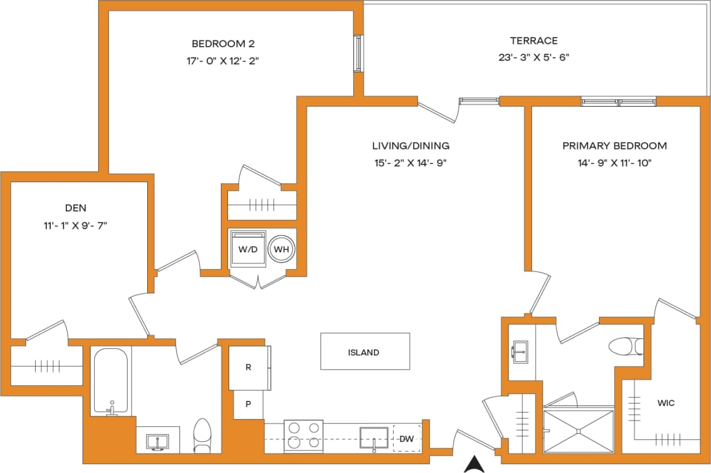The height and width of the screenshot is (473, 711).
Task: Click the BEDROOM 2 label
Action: point(223,43)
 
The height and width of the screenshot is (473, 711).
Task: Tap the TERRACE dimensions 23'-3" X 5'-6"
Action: point(534,57)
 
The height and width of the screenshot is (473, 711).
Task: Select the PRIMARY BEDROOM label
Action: point(615,146)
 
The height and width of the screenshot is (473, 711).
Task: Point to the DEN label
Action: point(76,208)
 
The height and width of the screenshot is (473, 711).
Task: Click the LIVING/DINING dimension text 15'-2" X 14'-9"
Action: point(410,163)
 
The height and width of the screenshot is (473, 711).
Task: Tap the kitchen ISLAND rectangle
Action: point(365,351)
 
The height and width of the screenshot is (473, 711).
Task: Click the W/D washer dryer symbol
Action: point(248,249)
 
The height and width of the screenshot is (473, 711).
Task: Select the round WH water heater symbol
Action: point(282,249)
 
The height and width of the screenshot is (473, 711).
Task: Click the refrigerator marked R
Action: point(249,367)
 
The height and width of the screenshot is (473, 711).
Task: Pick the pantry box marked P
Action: point(248,404)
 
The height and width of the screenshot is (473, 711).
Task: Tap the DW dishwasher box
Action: point(407,439)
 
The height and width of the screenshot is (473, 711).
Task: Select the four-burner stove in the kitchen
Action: point(304,435)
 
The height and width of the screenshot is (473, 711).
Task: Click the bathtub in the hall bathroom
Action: point(110,381)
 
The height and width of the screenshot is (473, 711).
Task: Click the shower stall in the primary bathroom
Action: point(579,431)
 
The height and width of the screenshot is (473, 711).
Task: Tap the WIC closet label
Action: point(665,403)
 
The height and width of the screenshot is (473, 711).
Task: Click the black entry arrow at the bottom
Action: point(474,463)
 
